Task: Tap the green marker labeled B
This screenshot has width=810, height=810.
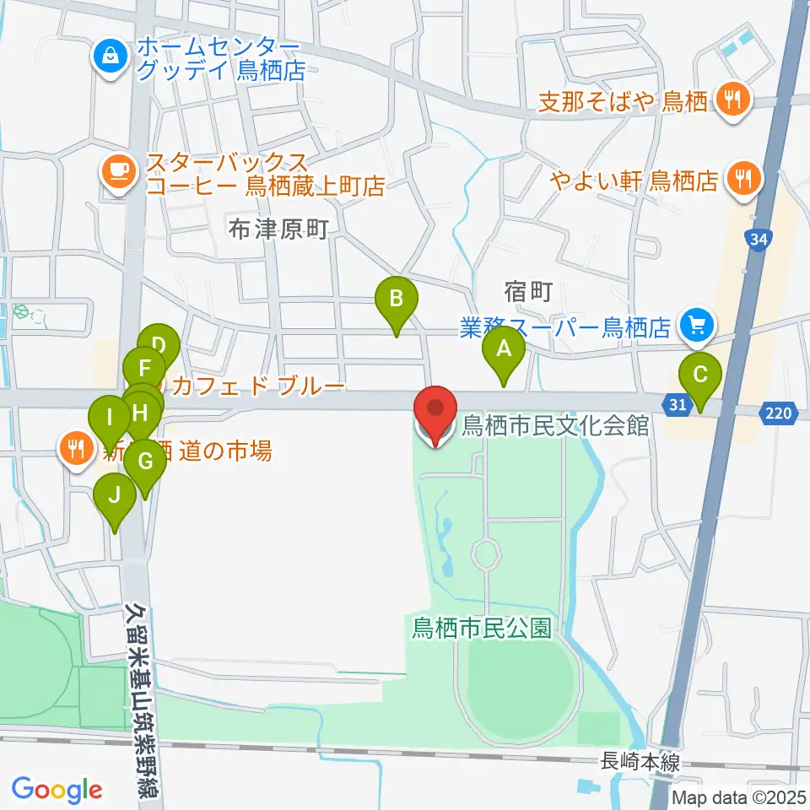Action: (x=396, y=299)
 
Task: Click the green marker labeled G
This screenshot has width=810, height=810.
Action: (x=145, y=462)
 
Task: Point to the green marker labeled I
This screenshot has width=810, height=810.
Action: (x=110, y=417)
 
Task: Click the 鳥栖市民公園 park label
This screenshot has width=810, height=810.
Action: (x=481, y=628)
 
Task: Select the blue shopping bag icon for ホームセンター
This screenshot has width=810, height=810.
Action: (x=111, y=57)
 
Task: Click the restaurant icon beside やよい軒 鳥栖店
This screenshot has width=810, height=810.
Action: (x=744, y=179)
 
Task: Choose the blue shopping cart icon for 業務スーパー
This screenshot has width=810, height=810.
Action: (x=698, y=323)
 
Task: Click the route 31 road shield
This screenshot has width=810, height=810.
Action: (x=677, y=406)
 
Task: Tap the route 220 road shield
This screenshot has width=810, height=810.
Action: (x=780, y=413)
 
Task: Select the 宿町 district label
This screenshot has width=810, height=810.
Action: (x=528, y=293)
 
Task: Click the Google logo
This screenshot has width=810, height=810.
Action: (x=57, y=790)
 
